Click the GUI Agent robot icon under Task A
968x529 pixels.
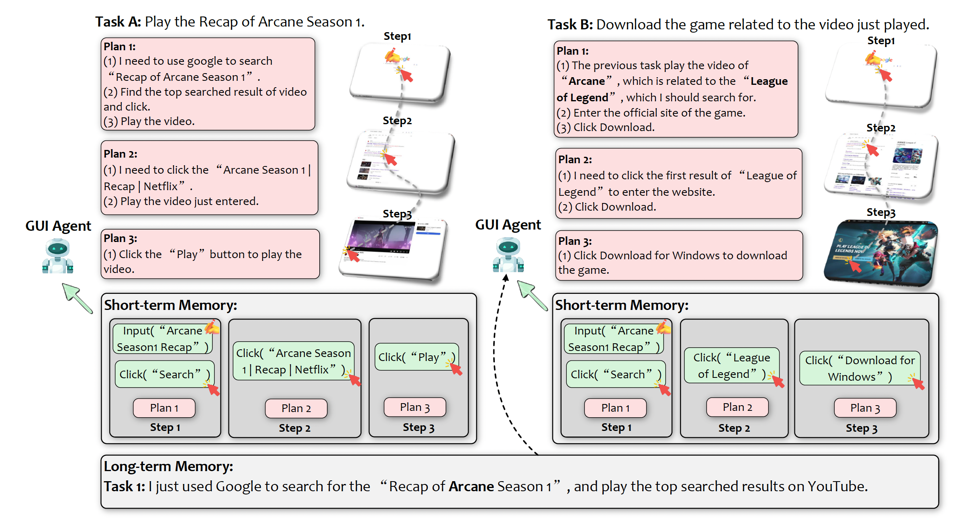[x=58, y=256]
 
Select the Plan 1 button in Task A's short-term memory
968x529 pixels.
[x=164, y=408]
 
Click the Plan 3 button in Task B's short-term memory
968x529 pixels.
[x=865, y=408]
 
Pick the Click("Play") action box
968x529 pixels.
[x=416, y=357]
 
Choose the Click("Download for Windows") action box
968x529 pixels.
[x=859, y=368]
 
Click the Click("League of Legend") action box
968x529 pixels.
[x=731, y=365]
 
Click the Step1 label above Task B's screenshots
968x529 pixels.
[x=881, y=41]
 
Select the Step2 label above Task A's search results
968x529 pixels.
[x=397, y=121]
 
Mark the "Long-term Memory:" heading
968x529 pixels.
[x=168, y=466]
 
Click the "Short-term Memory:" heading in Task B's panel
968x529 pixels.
[x=621, y=306]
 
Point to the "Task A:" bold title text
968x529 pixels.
[x=118, y=22]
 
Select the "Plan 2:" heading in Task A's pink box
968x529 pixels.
[x=120, y=154]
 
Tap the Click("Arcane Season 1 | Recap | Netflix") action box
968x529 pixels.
[x=293, y=361]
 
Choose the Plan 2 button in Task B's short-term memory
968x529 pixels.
[x=737, y=407]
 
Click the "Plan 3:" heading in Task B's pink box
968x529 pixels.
[x=575, y=241]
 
